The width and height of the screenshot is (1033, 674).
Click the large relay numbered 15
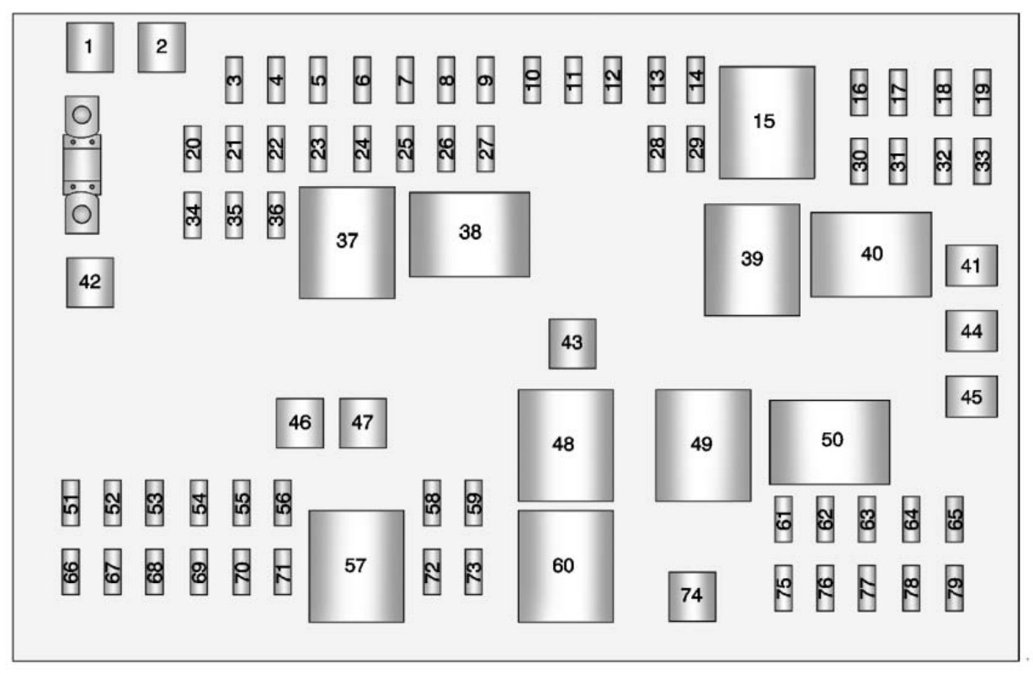766,122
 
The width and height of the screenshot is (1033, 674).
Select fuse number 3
234,80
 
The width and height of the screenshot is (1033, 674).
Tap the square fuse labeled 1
89,47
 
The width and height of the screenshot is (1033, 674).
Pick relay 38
469,233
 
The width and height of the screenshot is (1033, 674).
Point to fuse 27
485,149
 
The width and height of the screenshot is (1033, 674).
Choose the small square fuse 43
572,344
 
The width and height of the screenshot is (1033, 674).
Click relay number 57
355,565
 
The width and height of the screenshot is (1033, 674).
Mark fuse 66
71,572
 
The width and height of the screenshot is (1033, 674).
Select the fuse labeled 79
954,588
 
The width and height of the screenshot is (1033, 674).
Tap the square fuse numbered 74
692,596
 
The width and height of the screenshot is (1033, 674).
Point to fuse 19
982,93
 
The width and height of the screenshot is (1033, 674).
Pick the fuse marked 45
971,397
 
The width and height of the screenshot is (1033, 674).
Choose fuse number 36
276,215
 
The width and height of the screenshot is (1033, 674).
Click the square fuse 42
90,282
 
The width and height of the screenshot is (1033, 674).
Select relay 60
565,565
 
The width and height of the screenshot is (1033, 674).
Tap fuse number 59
474,503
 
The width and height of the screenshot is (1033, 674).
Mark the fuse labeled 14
695,80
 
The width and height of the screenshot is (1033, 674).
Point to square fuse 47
363,423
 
